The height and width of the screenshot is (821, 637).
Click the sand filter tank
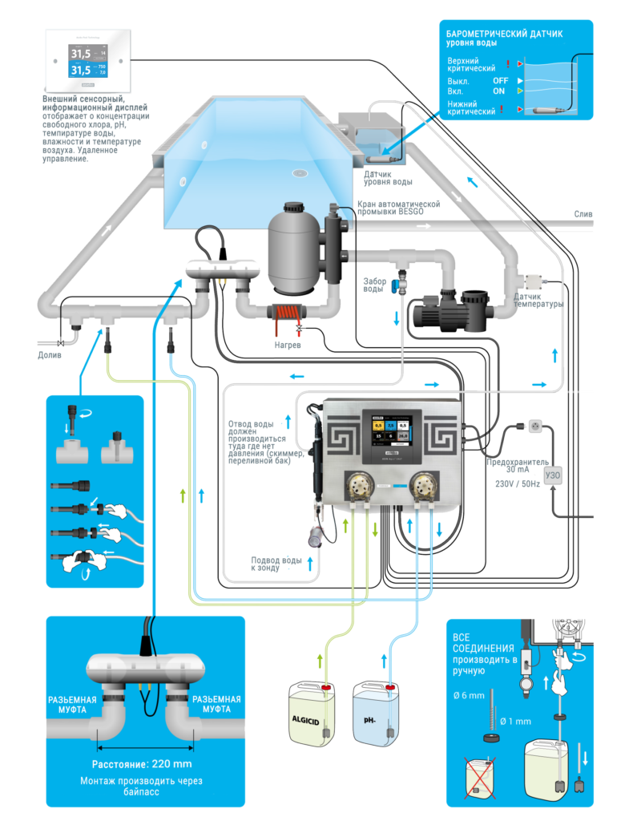293,248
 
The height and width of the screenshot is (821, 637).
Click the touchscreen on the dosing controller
391,438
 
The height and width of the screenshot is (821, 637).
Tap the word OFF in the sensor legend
500,81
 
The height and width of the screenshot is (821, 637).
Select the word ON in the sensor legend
498,91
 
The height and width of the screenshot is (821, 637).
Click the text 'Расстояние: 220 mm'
142,763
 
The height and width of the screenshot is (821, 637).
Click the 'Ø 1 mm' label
516,721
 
